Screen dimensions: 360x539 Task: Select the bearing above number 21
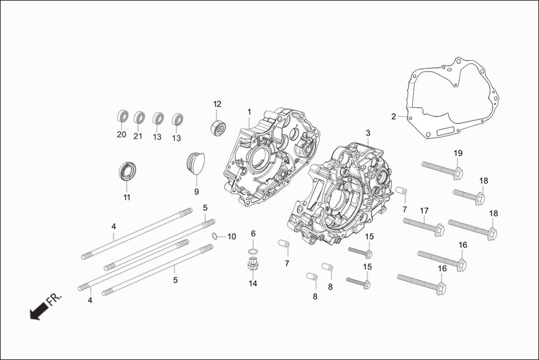pyautogui.click(x=140, y=118)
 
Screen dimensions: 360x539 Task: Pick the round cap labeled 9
pyautogui.click(x=195, y=162)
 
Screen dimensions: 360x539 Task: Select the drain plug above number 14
pyautogui.click(x=253, y=264)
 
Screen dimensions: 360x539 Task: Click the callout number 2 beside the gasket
pyautogui.click(x=394, y=117)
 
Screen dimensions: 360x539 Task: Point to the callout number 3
pyautogui.click(x=368, y=133)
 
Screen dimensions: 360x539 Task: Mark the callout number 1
pyautogui.click(x=249, y=112)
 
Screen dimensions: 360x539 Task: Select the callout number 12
pyautogui.click(x=217, y=104)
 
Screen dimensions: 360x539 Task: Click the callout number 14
pyautogui.click(x=253, y=283)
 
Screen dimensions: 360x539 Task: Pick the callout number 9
pyautogui.click(x=196, y=191)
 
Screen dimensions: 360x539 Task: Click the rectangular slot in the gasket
pyautogui.click(x=446, y=133)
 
